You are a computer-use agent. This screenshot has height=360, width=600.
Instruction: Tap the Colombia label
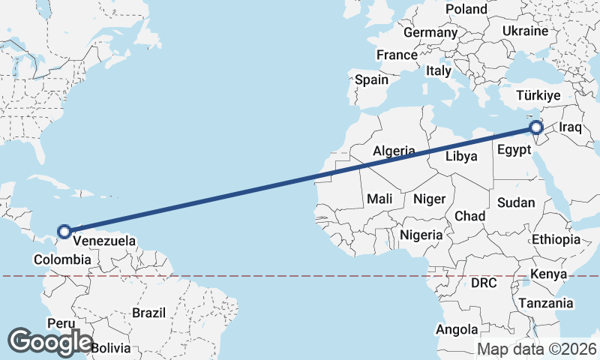[63, 259]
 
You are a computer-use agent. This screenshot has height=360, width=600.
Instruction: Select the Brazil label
[148, 312]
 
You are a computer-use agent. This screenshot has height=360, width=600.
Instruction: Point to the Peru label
[61, 322]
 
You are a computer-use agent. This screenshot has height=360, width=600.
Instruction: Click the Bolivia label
[111, 348]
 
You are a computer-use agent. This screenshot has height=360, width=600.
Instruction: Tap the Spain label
[371, 79]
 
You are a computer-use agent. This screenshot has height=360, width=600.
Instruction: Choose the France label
[397, 55]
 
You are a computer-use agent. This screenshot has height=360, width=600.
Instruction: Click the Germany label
[430, 33]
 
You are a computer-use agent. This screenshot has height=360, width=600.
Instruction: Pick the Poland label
[466, 9]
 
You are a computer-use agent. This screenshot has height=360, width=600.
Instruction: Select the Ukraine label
[525, 31]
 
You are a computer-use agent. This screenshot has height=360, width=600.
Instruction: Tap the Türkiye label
[539, 95]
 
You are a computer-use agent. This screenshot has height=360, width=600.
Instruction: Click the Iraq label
[571, 127]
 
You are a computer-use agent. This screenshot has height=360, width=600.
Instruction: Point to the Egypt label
[514, 150]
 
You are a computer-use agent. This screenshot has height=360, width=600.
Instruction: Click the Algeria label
[394, 151]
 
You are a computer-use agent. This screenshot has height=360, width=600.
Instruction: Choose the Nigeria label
[421, 235]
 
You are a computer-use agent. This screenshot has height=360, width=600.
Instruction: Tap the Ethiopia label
[556, 239]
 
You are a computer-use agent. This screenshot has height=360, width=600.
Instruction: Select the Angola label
[457, 329]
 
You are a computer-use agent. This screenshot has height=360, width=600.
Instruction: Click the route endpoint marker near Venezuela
[64, 232]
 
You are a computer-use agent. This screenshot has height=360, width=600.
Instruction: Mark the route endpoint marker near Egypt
[536, 128]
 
